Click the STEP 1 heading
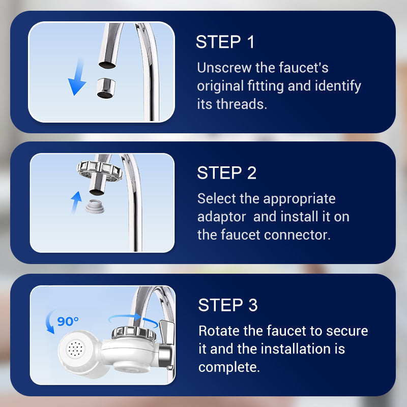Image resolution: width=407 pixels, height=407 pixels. (225, 42)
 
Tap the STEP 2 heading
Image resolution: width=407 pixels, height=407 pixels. (226, 173)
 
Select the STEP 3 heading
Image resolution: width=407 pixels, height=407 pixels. (228, 305)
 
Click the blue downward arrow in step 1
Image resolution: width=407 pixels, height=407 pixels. (78, 78)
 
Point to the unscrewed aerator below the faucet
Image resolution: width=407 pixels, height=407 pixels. (106, 88)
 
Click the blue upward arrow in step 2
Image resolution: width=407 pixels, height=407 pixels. (76, 202)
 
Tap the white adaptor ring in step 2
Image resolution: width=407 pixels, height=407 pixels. (95, 207)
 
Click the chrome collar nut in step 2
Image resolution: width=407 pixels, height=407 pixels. (100, 170)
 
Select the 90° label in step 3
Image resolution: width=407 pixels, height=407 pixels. (68, 322)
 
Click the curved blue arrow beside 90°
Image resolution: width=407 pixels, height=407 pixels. (48, 322)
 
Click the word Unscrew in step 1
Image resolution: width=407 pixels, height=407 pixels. (224, 68)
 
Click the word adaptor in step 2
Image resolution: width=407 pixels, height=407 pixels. (221, 217)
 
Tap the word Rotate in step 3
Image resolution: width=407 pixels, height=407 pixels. (219, 331)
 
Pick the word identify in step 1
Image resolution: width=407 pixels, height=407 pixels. (338, 86)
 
